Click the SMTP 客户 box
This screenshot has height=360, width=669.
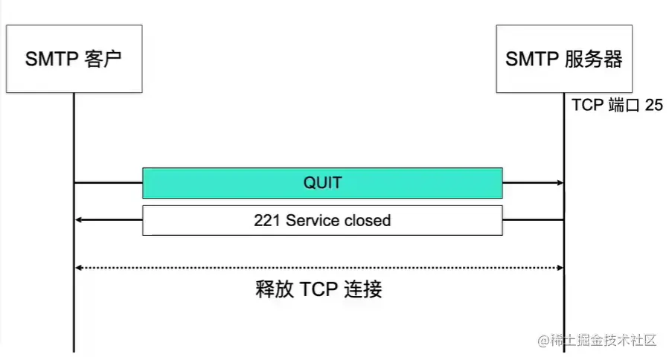[x=74, y=60]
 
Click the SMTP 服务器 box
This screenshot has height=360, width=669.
[x=563, y=60]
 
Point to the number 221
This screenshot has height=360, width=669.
[x=266, y=220]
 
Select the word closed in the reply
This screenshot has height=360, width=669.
[x=367, y=220]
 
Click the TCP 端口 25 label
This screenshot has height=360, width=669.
[x=617, y=106]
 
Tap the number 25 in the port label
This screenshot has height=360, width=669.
[x=653, y=106]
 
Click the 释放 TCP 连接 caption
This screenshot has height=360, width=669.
[x=319, y=289]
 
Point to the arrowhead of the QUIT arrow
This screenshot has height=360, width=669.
[x=559, y=183]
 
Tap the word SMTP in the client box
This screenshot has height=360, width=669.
[x=51, y=60]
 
